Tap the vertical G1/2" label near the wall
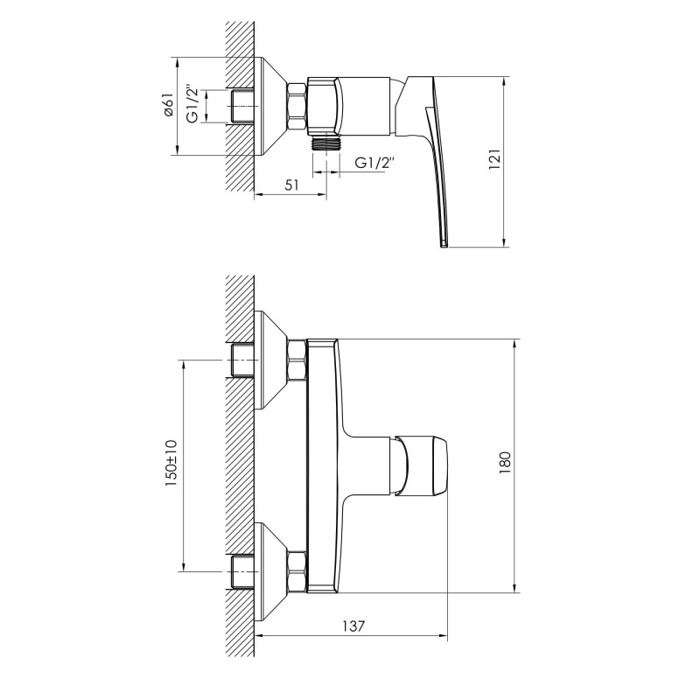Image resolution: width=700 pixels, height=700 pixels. click(192, 107)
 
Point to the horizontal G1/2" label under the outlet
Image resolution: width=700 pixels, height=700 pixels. click(375, 164)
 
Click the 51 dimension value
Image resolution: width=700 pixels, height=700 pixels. click(292, 185)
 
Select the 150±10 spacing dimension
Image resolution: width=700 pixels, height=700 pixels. click(171, 464)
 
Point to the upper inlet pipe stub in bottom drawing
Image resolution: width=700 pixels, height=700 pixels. click(241, 360)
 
